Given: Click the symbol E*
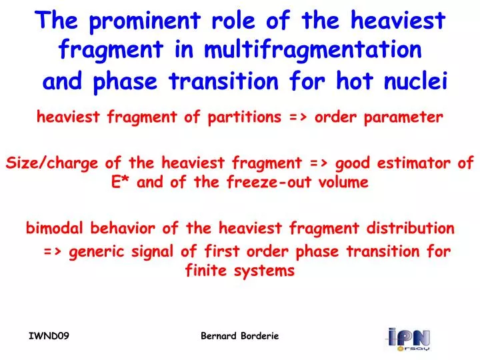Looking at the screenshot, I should coord(121,181).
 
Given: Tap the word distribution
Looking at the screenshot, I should coord(412,229).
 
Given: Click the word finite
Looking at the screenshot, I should coord(203,271).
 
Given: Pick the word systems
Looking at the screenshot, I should coord(268,271).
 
